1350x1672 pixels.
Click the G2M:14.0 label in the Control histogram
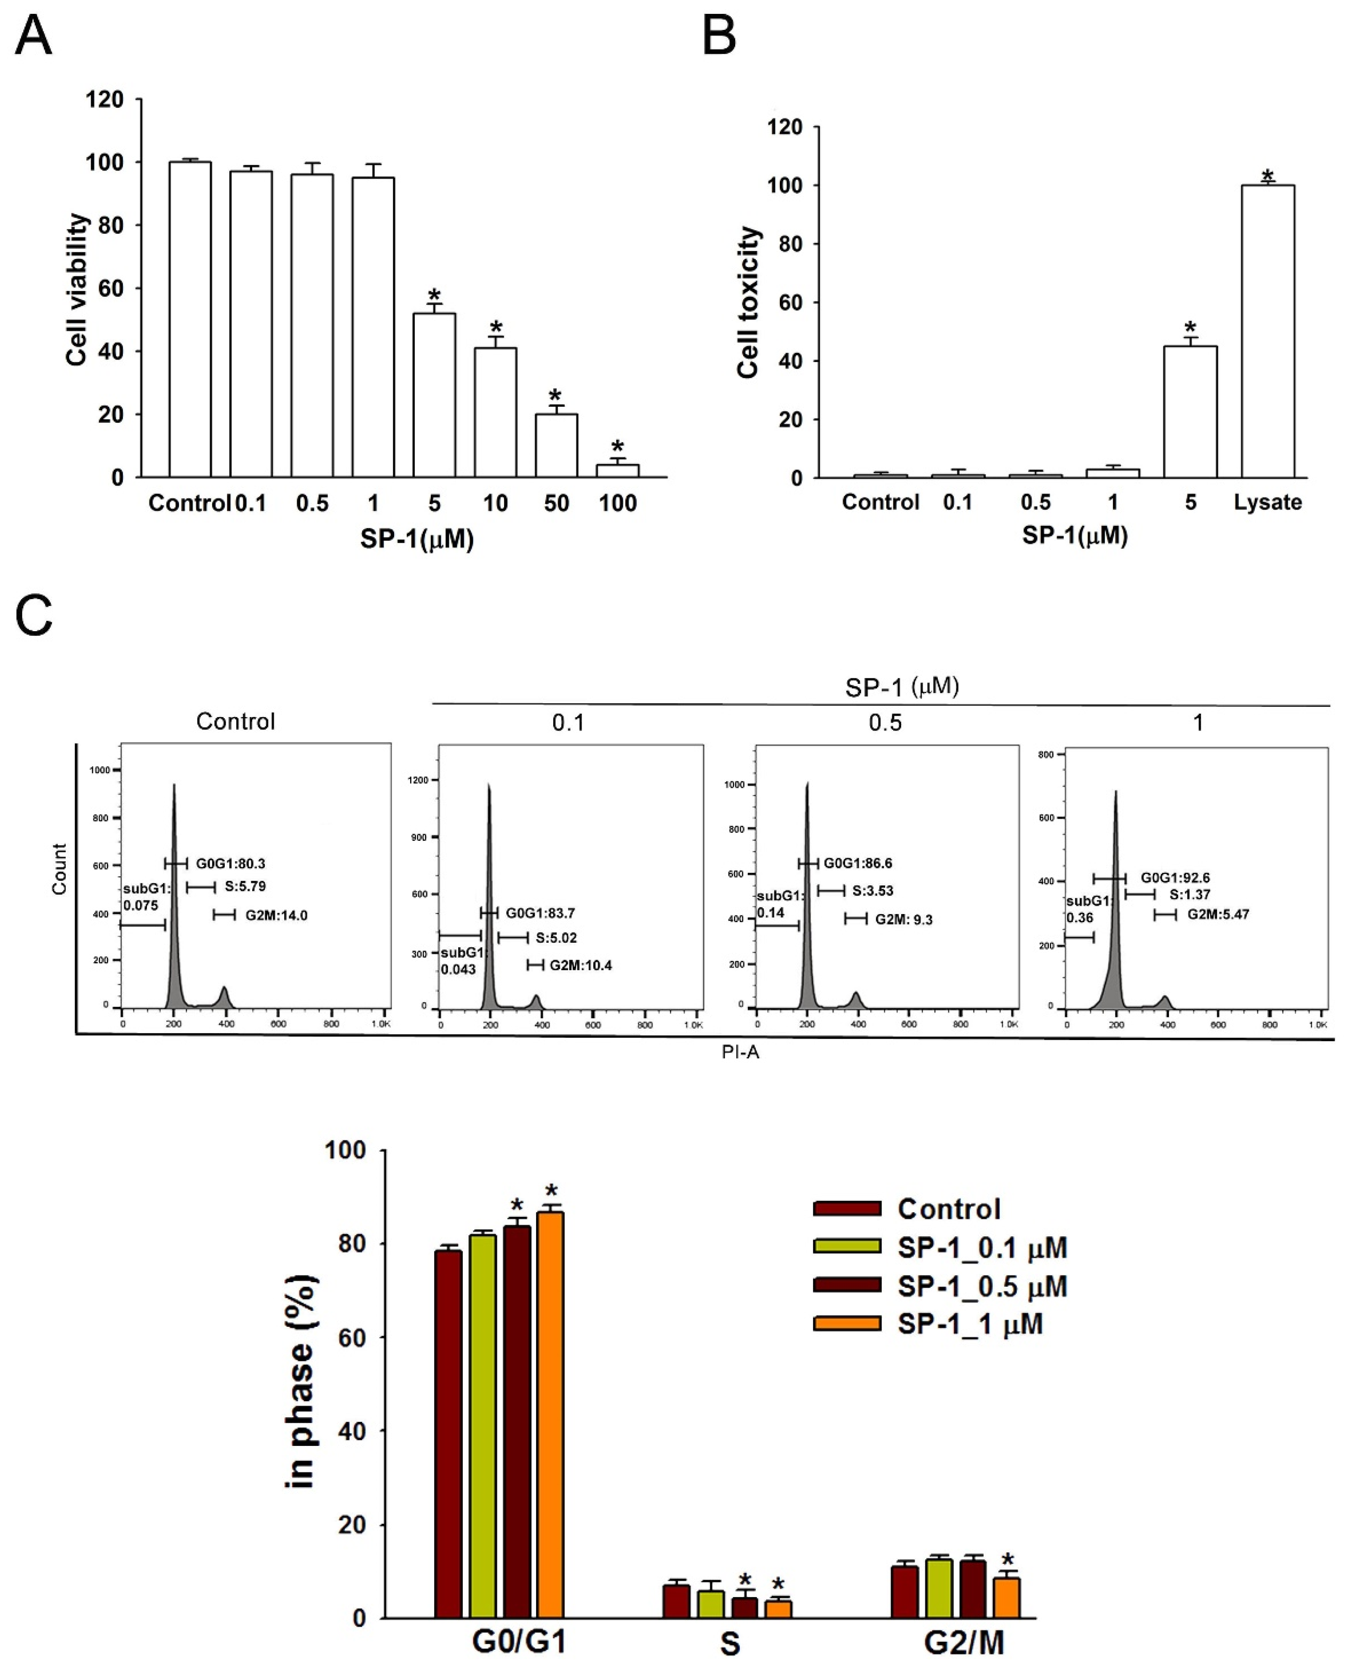coord(276,915)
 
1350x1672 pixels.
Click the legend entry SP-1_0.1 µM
coord(982,1248)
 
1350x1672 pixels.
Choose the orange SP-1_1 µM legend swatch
coord(847,1324)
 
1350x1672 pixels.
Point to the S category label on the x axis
coord(729,1643)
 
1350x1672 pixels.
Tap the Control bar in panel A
coord(190,319)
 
